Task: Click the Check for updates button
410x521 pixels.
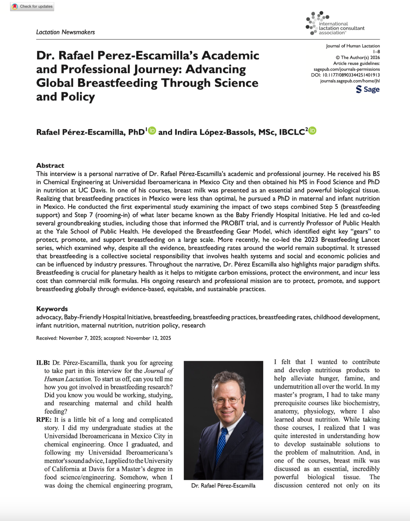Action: pos(32,6)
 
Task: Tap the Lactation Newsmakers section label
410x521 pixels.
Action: pos(65,32)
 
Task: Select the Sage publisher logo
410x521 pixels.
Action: pos(368,89)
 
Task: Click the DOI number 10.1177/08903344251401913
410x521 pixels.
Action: pos(351,75)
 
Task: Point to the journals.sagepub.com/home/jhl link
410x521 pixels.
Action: pos(350,81)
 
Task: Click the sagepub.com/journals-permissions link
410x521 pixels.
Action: pos(346,69)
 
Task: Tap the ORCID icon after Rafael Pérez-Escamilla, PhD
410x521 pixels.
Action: pos(152,131)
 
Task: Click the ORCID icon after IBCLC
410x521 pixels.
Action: pos(312,131)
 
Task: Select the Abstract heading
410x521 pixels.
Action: pos(50,165)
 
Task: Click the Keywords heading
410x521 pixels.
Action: pos(52,309)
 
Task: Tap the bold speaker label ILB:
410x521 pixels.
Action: pos(43,363)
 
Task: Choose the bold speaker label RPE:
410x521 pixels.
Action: pos(44,420)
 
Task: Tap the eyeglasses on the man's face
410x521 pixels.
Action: pos(227,401)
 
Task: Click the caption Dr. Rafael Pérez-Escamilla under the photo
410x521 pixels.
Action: pos(223,486)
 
